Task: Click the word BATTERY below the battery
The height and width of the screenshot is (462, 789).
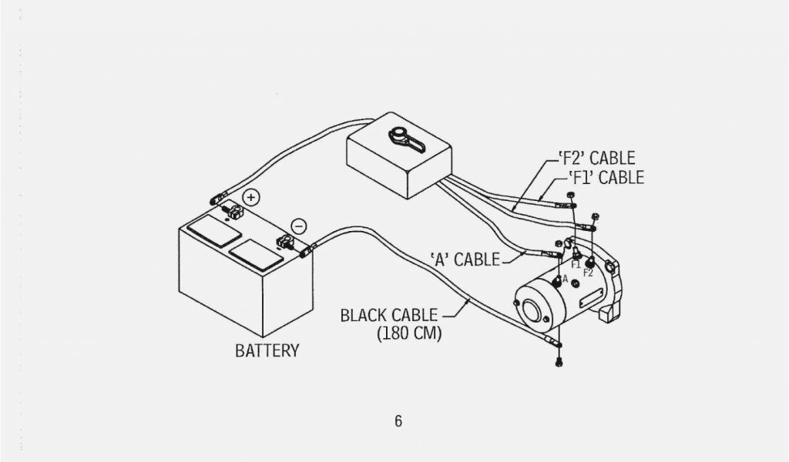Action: tap(267, 351)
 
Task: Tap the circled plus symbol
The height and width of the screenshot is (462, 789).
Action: tap(252, 197)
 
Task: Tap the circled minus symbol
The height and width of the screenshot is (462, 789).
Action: tap(300, 226)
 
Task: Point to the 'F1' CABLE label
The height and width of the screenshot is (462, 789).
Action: tap(605, 178)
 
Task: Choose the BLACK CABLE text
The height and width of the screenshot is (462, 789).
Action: tap(389, 316)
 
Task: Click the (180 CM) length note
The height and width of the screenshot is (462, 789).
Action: tap(409, 334)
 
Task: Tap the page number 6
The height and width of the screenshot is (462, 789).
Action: tap(398, 421)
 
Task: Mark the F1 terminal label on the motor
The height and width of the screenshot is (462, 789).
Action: tap(576, 264)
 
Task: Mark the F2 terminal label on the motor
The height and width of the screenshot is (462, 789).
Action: tap(589, 272)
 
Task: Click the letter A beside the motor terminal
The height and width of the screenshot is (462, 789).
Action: tap(565, 279)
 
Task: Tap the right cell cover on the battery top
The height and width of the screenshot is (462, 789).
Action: tap(255, 253)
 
